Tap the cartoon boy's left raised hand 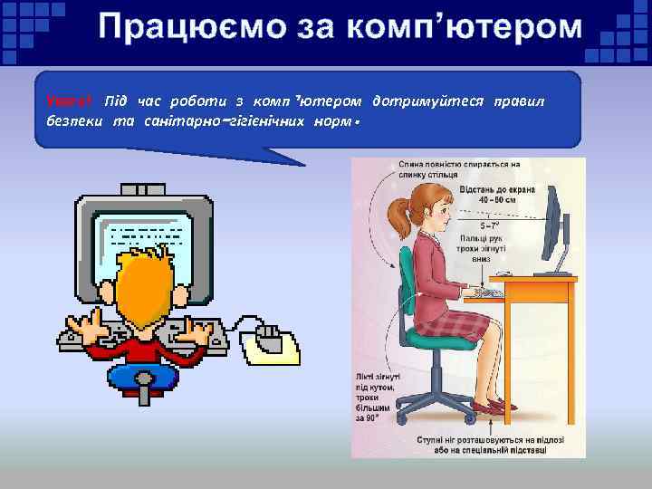85,326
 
